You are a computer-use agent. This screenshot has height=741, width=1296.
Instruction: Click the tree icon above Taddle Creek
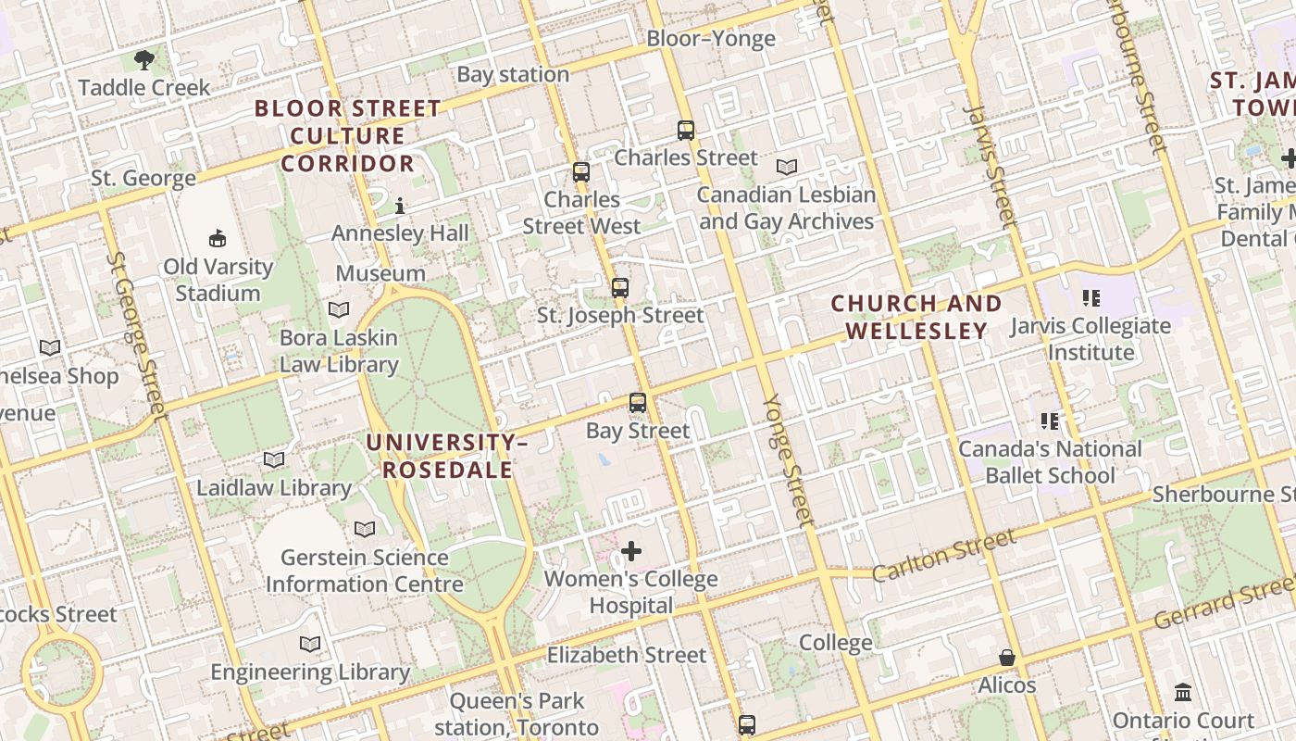point(143,61)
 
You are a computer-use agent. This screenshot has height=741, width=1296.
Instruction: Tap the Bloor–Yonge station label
point(710,39)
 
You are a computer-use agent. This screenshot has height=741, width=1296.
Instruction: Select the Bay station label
point(513,75)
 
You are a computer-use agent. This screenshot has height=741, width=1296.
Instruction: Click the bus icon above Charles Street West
point(581,171)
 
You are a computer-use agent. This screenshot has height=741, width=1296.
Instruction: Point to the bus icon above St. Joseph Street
point(620,287)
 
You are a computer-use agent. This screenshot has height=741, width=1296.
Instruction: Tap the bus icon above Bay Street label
point(638,402)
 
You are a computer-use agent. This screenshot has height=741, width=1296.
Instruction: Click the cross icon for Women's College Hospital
point(631,552)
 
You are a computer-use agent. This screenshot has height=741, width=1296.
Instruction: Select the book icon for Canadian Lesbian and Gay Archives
point(787,168)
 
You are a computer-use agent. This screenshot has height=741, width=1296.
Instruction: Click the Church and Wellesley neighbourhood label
point(916,317)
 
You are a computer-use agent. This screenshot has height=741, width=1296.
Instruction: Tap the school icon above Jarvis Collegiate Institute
point(1090,298)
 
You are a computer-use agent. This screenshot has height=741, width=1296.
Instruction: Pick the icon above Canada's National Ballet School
point(1050,421)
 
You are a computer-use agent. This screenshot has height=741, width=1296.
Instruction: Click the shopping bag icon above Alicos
point(1007,658)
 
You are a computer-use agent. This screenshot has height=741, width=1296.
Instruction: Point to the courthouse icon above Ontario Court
point(1183,693)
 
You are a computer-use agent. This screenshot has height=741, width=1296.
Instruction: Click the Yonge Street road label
point(790,460)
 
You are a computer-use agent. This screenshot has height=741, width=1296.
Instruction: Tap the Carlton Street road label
point(944,553)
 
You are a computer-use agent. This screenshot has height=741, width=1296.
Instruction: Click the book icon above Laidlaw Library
point(274,459)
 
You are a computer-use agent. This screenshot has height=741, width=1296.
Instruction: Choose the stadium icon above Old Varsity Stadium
point(218,239)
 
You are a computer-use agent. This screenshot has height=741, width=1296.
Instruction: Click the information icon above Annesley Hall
point(400,205)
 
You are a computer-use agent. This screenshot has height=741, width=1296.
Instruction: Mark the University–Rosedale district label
point(448,457)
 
